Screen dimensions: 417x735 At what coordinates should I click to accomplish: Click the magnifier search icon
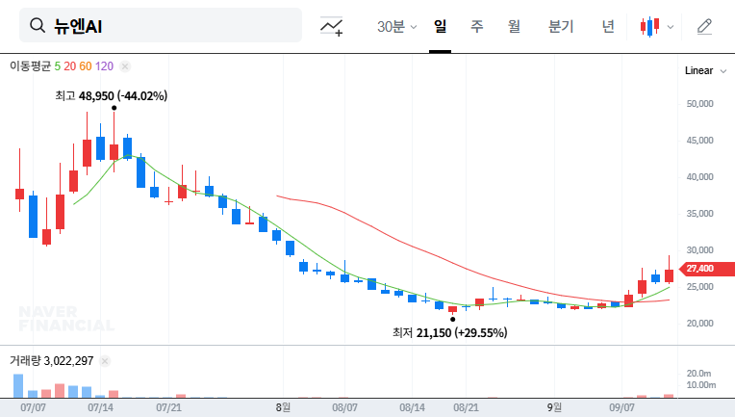pyautogui.click(x=38, y=26)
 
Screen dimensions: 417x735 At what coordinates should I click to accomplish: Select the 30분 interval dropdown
pyautogui.click(x=396, y=26)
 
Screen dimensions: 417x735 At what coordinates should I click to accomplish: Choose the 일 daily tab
pyautogui.click(x=440, y=26)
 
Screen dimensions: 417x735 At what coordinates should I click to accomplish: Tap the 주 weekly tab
pyautogui.click(x=477, y=26)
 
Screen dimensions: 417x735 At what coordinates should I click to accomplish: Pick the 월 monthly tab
pyautogui.click(x=514, y=26)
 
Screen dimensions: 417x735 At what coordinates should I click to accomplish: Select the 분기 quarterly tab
pyautogui.click(x=561, y=26)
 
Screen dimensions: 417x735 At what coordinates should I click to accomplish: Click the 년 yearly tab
pyautogui.click(x=608, y=26)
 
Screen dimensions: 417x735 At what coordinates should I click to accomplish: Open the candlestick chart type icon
pyautogui.click(x=651, y=27)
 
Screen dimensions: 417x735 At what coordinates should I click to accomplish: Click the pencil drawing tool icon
pyautogui.click(x=704, y=26)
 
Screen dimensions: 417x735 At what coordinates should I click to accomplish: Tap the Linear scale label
pyautogui.click(x=698, y=70)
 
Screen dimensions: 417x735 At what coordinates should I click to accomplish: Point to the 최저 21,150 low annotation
pyautogui.click(x=449, y=332)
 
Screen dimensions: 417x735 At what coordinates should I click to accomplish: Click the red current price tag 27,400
pyautogui.click(x=699, y=269)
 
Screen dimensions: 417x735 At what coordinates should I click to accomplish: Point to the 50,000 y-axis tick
pyautogui.click(x=699, y=103)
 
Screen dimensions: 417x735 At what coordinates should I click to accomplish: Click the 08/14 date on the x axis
pyautogui.click(x=412, y=407)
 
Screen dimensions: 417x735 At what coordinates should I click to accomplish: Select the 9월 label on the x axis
pyautogui.click(x=554, y=407)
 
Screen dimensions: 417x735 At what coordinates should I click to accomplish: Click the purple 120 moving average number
pyautogui.click(x=105, y=66)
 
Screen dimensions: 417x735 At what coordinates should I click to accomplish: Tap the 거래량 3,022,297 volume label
pyautogui.click(x=51, y=361)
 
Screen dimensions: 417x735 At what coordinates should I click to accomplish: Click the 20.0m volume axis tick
pyautogui.click(x=700, y=373)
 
